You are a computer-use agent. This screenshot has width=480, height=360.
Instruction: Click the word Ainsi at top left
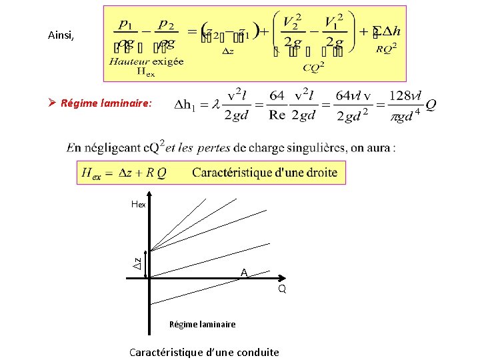tap(61, 35)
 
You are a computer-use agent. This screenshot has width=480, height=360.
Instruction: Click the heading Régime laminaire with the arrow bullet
tap(106, 103)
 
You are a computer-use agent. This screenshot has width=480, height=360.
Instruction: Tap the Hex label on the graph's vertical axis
tap(138, 205)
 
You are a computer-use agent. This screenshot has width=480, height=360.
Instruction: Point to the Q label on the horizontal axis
tap(282, 289)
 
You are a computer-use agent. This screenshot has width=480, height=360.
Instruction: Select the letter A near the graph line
tap(244, 273)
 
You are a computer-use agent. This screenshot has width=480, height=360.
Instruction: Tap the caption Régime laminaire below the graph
tap(202, 325)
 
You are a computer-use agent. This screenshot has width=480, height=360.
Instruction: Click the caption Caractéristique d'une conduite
tap(204, 352)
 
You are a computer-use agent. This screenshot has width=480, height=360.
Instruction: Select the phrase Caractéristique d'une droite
tap(265, 173)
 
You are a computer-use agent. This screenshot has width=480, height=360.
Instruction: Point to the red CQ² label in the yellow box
tap(314, 67)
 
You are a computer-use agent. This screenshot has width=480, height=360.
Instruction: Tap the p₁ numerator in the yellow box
tap(124, 23)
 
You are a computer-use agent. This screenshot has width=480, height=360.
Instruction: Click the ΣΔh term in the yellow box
tap(387, 32)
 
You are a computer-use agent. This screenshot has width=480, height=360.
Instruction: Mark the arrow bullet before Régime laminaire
tap(53, 103)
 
